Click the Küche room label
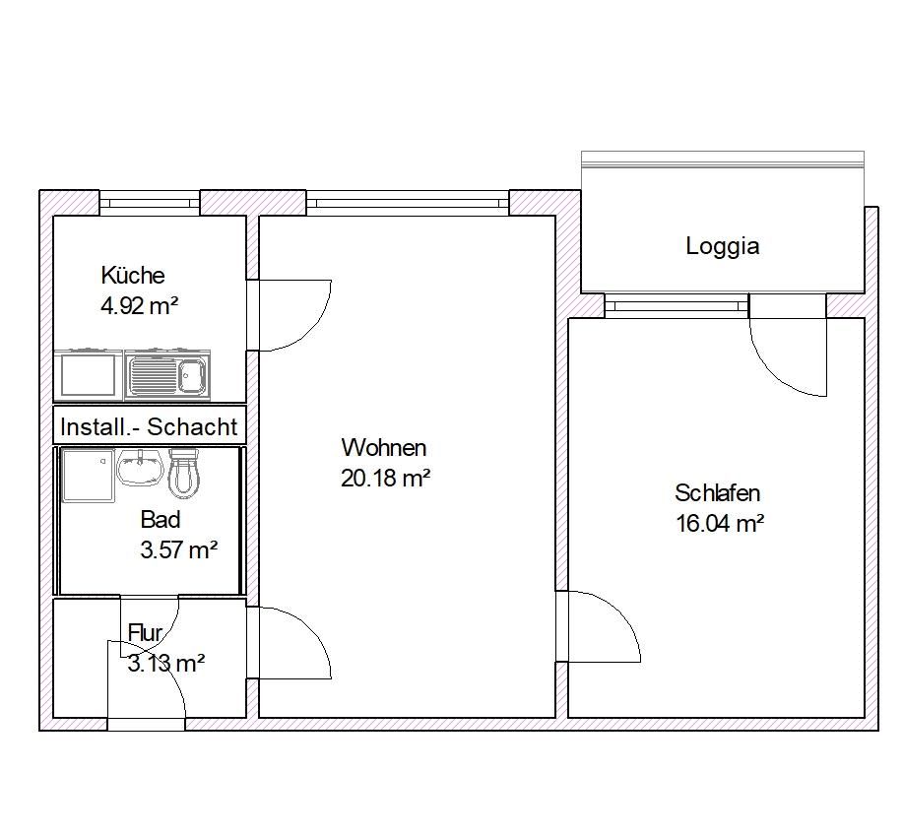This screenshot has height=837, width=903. click(x=132, y=275)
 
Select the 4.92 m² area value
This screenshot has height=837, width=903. click(x=139, y=305)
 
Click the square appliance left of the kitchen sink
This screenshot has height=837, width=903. click(x=88, y=375)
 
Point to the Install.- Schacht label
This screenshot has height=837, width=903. click(x=149, y=426)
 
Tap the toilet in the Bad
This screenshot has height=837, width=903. click(x=184, y=474)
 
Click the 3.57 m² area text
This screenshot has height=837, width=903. click(x=178, y=549)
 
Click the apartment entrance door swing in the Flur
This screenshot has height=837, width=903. click(x=148, y=679)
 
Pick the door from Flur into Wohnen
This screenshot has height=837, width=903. click(x=290, y=642)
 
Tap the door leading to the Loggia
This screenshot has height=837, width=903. click(x=788, y=354)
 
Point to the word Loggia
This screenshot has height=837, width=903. click(x=722, y=246)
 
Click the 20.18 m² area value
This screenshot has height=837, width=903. click(x=385, y=478)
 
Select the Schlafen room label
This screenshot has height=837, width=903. click(x=717, y=493)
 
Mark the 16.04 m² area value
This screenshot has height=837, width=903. click(x=720, y=524)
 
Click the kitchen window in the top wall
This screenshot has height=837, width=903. click(x=150, y=204)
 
